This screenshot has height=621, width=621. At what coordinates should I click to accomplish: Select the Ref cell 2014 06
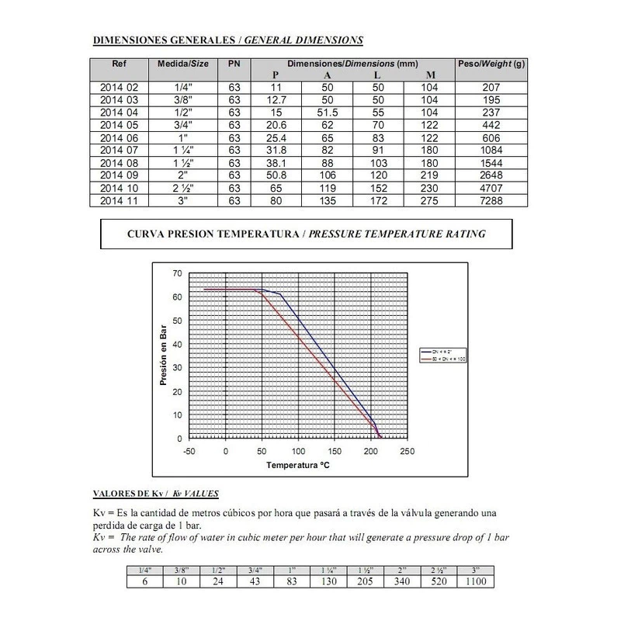pos(118,137)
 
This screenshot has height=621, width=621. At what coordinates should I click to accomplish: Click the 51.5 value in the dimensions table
pos(327,113)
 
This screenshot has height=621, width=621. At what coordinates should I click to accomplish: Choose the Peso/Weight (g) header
pos(491,63)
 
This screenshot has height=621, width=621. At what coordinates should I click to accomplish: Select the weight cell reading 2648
pos(491,174)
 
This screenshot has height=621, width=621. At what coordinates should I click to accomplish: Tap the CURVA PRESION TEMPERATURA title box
pos(306,233)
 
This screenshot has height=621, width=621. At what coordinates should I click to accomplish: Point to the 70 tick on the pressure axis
pos(177,273)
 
